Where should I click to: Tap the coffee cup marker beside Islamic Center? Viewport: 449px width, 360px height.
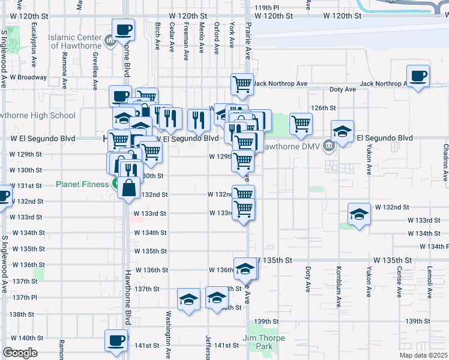click(123, 29)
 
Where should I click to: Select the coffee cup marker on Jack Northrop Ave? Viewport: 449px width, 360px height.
click(418, 76)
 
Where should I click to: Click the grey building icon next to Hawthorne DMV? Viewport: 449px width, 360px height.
click(328, 145)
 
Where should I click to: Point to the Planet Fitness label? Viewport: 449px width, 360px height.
click(82, 184)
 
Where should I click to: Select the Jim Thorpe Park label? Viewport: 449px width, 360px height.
click(265, 342)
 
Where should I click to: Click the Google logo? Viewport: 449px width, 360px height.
click(19, 353)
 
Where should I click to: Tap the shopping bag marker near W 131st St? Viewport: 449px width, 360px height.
click(129, 188)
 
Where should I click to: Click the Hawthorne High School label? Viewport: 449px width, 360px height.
click(37, 115)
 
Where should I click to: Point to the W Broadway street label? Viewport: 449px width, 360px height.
click(23, 77)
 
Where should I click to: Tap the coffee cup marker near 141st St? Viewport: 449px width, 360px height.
click(116, 340)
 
